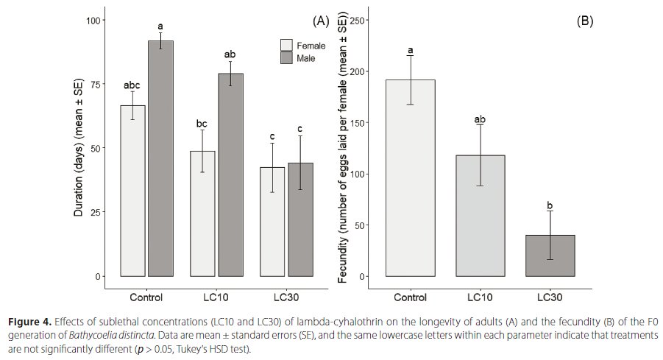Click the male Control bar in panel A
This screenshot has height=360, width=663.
tap(160, 158)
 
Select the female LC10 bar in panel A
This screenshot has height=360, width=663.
tap(202, 213)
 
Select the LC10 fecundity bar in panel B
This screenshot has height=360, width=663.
tap(481, 216)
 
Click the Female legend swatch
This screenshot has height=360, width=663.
tap(286, 45)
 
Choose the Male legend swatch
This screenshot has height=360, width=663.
tap(286, 57)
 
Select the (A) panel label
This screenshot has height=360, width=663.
tap(321, 21)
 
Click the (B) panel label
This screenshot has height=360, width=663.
tap(584, 21)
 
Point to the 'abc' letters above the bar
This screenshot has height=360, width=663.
tap(132, 85)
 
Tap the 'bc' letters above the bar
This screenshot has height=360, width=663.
tap(202, 123)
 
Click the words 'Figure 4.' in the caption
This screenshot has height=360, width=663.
tap(31, 322)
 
